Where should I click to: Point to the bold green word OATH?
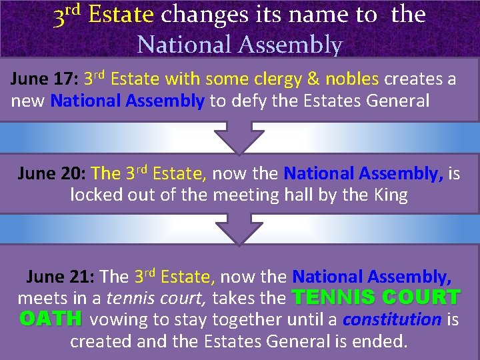[51, 319]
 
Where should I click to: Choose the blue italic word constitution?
[392, 319]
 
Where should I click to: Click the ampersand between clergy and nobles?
[313, 80]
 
